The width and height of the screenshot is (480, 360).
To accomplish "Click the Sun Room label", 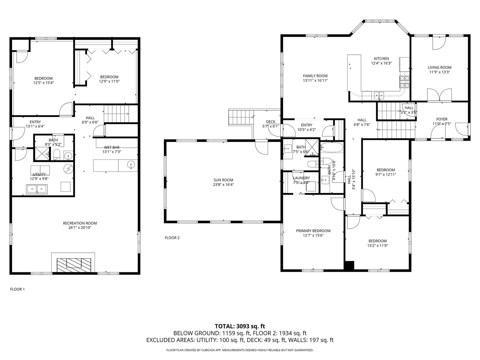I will click(x=223, y=180).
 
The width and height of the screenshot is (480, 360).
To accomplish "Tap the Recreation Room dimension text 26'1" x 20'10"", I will click(x=80, y=228).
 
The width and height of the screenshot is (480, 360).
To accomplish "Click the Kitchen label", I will click(x=381, y=59).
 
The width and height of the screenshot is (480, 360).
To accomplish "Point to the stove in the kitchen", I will click(x=405, y=82).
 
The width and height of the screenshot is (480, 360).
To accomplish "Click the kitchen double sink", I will click(x=378, y=96).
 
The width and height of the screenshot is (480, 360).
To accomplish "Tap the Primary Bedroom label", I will click(x=313, y=231).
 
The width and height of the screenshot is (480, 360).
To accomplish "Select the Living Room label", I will click(x=439, y=67).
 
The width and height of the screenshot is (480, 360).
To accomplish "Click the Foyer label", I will click(x=442, y=119).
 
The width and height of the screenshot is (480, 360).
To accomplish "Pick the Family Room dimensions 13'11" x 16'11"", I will click(x=315, y=80).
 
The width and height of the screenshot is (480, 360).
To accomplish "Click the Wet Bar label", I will click(x=112, y=147).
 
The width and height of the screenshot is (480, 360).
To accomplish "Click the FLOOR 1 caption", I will click(x=17, y=289).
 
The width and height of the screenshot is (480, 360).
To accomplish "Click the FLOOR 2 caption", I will click(x=172, y=238).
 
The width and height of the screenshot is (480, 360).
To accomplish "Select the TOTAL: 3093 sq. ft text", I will click(x=240, y=326).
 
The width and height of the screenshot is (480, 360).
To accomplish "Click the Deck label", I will click(x=270, y=122).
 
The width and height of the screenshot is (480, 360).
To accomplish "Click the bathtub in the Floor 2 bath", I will click(x=332, y=148).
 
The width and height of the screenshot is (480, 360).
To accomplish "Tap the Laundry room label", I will click(x=301, y=178).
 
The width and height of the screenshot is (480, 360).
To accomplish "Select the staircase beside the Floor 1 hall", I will click(x=117, y=114).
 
